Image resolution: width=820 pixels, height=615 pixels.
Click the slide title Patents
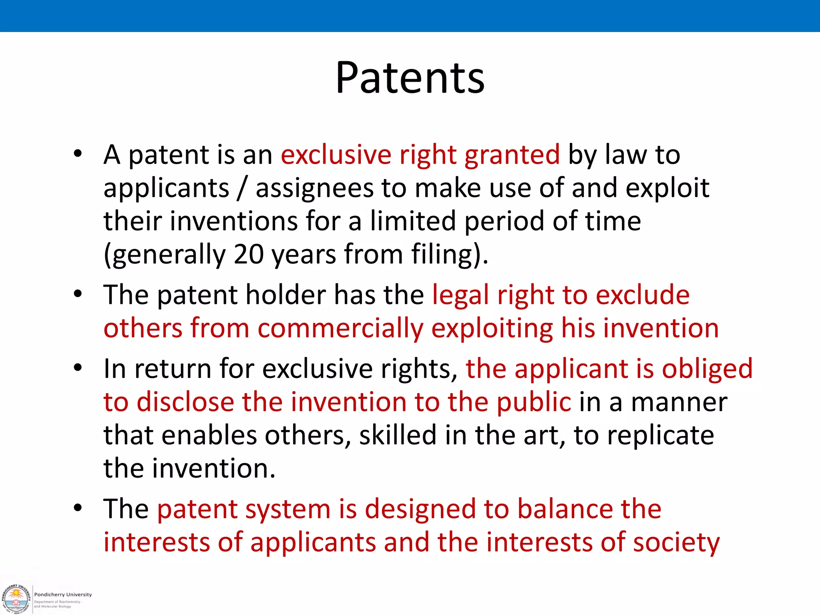click(410, 78)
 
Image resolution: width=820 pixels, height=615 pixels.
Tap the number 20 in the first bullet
click(248, 254)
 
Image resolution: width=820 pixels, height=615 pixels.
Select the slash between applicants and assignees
click(241, 188)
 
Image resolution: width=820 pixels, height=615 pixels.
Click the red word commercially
click(340, 329)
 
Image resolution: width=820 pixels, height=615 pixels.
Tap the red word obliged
click(707, 369)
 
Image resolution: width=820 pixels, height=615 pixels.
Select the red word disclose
click(185, 402)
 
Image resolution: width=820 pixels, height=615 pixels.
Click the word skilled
click(397, 435)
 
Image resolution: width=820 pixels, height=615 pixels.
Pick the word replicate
click(660, 436)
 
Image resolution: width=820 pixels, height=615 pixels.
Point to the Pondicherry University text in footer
click(63, 595)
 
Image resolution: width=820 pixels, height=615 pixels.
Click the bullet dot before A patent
click(78, 154)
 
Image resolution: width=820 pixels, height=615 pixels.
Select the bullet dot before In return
click(78, 368)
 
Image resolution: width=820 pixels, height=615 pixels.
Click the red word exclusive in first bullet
click(336, 155)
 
